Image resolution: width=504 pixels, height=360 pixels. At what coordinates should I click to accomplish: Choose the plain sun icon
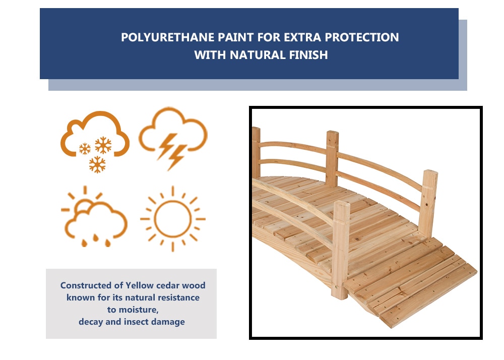[173, 219]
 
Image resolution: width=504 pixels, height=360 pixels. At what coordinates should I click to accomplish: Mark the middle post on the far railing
[332, 158]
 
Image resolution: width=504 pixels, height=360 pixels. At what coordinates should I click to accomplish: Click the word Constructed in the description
[86, 285]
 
